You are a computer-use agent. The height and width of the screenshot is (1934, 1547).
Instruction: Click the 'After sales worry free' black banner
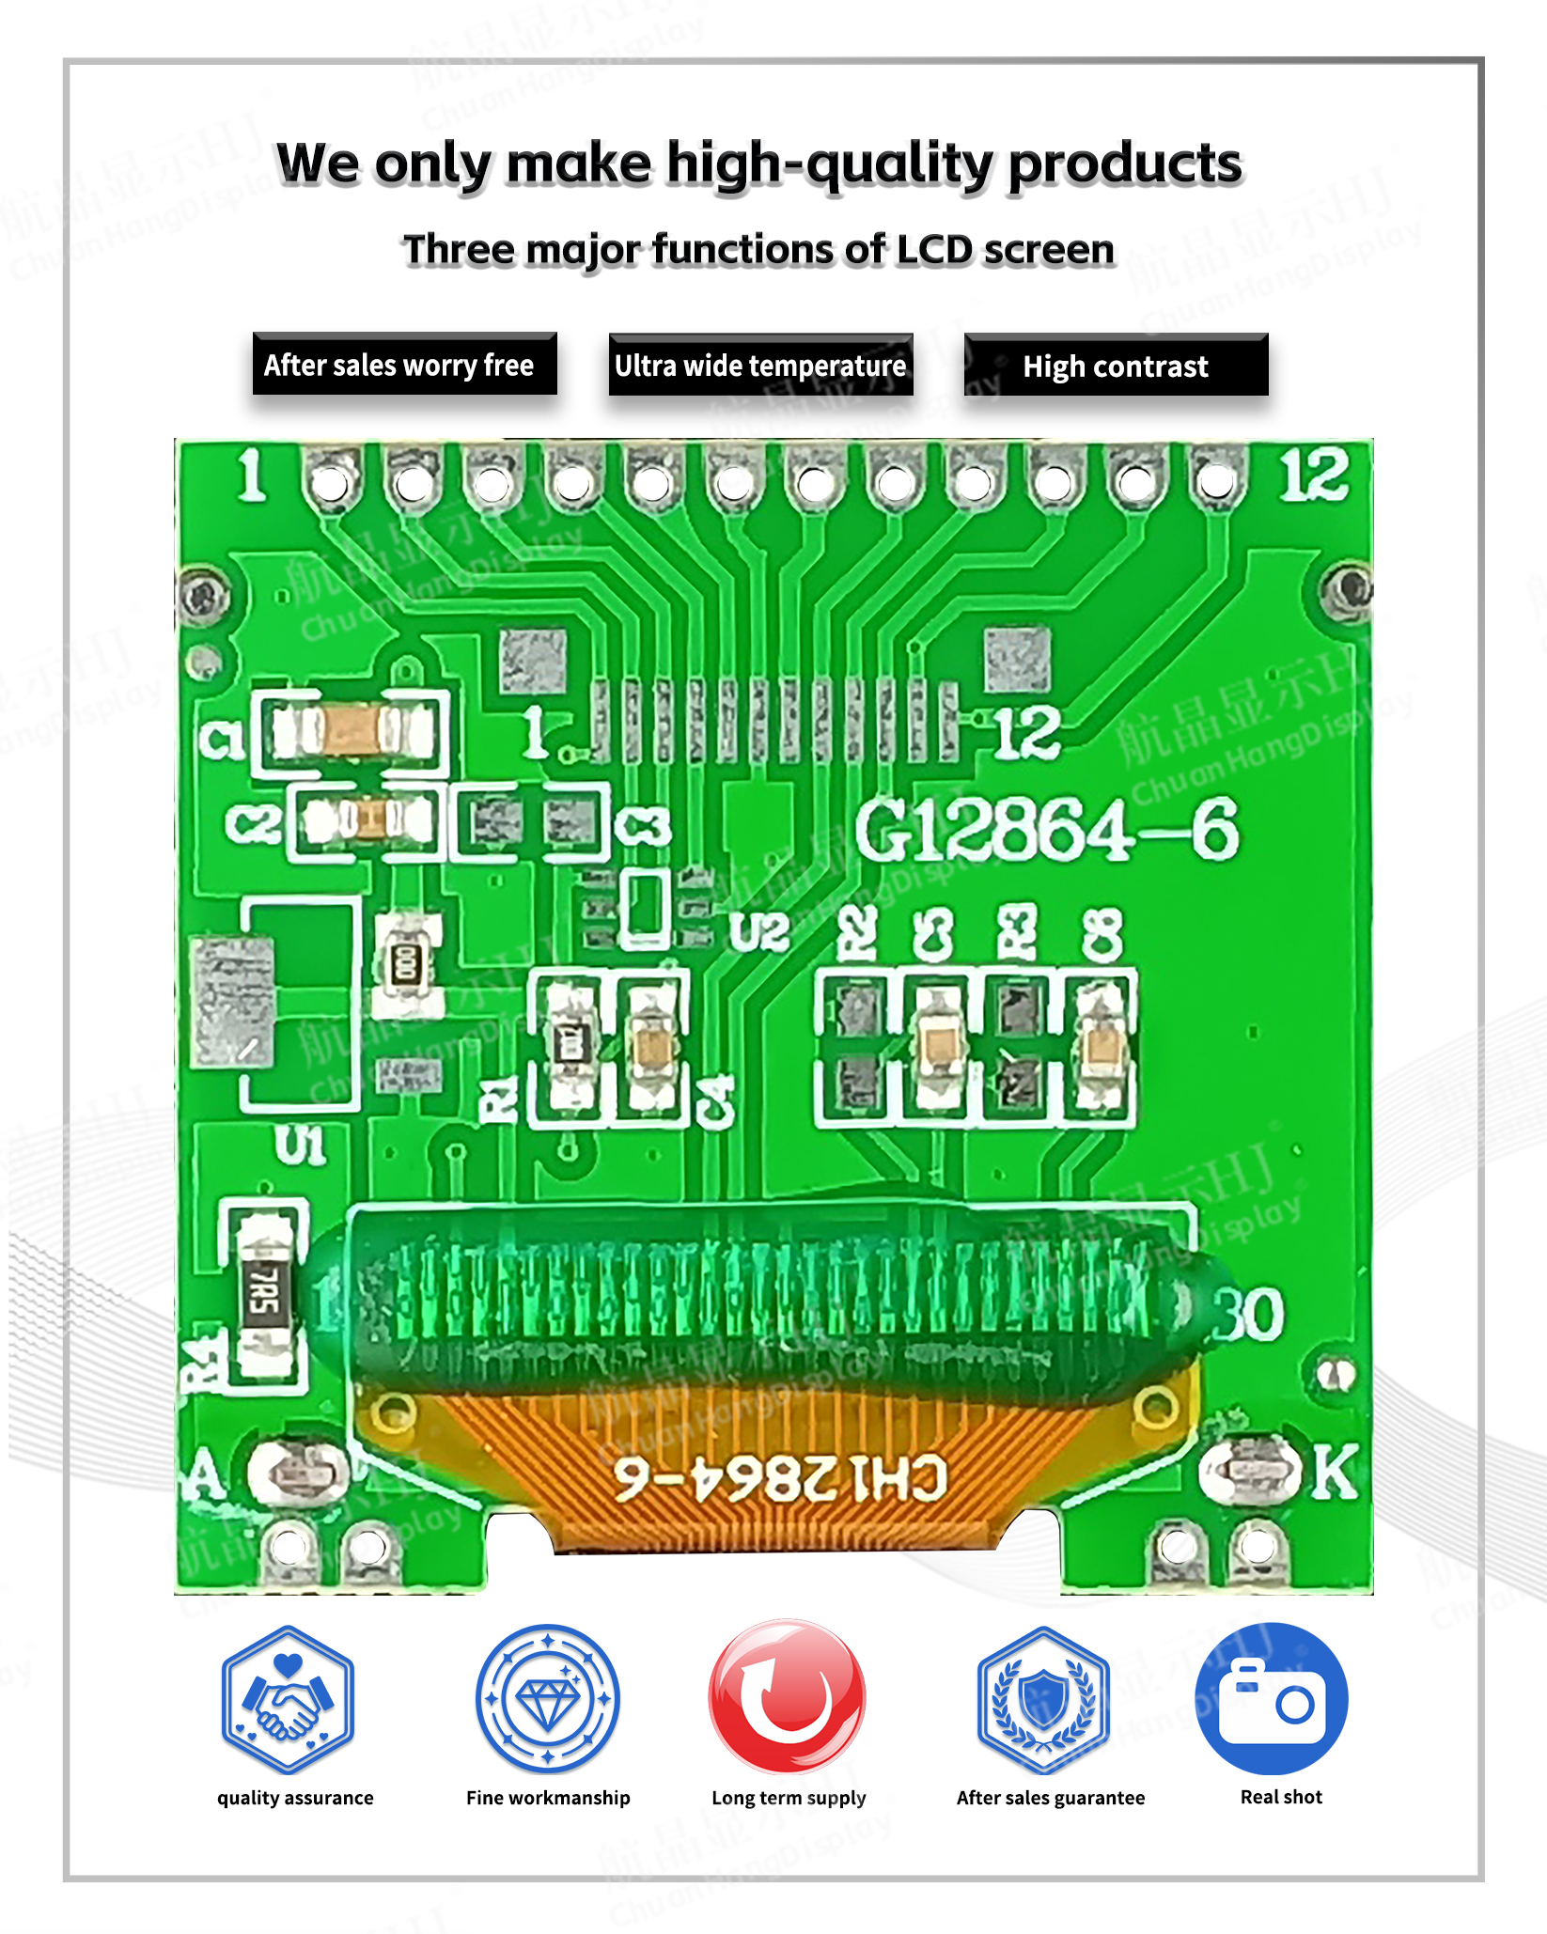(404, 365)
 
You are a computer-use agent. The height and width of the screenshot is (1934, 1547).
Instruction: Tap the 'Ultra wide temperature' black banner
(760, 365)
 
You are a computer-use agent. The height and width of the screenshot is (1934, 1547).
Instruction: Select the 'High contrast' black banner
(1116, 366)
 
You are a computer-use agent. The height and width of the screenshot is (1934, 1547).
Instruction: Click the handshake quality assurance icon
(288, 1700)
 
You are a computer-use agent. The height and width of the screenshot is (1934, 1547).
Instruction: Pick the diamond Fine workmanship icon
(548, 1700)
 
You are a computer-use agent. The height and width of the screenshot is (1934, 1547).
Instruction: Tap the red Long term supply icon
(788, 1698)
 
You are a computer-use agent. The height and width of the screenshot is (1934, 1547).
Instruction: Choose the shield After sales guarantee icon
(1043, 1700)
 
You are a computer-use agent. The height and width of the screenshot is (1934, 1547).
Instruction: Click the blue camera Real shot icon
(1272, 1698)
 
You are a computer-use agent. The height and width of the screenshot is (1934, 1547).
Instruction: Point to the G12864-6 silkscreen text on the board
(1046, 831)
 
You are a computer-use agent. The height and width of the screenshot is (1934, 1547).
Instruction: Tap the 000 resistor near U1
(406, 965)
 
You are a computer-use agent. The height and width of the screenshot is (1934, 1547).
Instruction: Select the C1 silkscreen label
(222, 740)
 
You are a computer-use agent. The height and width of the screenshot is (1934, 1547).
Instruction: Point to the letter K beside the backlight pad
(1334, 1472)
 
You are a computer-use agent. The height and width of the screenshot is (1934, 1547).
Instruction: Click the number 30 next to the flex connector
(1248, 1314)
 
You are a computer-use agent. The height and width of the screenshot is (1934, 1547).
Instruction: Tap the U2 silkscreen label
(759, 933)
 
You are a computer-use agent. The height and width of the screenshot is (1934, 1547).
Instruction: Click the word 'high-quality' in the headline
(829, 164)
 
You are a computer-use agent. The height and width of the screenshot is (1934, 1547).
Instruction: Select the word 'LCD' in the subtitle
(934, 250)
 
